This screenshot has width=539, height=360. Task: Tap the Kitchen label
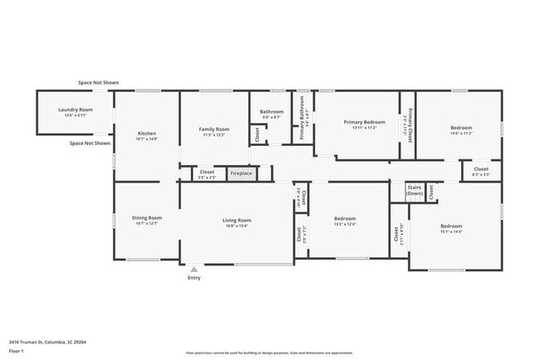point(147,134)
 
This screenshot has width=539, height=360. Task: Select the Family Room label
point(214,129)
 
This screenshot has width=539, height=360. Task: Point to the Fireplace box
point(241,173)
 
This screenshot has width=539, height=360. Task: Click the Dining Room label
point(147,217)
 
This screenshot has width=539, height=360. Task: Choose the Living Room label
point(236,221)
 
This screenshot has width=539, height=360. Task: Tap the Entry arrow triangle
point(194,269)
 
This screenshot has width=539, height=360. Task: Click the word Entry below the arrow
point(194,278)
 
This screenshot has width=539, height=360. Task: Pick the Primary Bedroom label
point(364,122)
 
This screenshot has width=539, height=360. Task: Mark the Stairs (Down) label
point(415,190)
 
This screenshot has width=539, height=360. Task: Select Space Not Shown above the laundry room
point(99,83)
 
